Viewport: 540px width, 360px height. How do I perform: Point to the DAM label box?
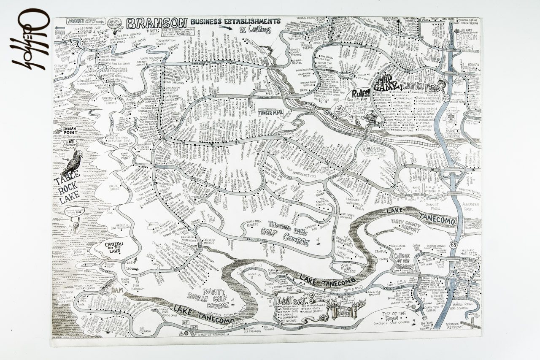[117, 290]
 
